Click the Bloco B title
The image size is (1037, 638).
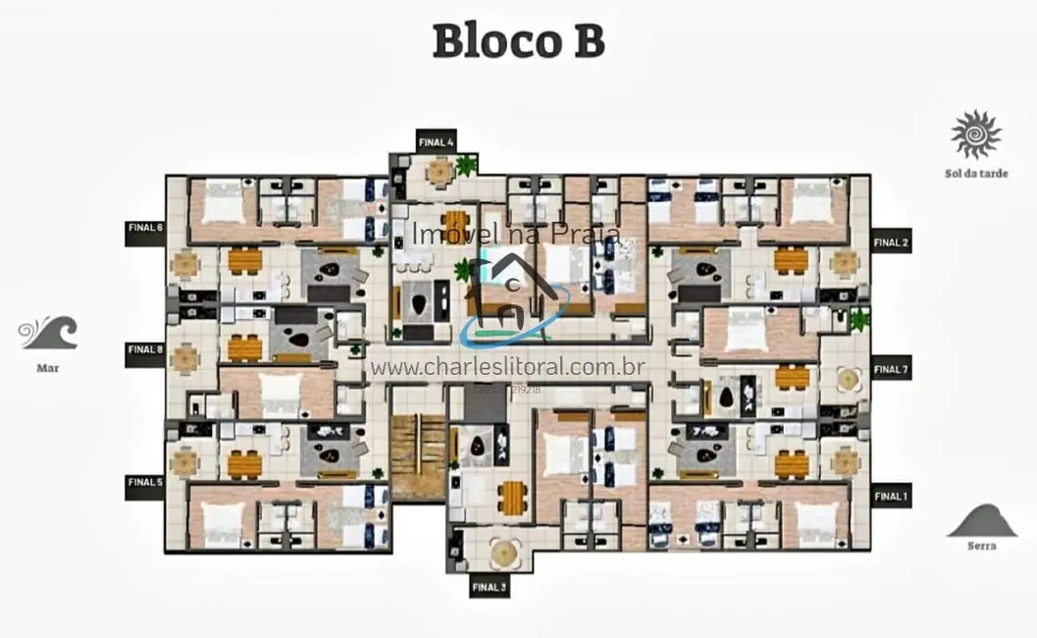click(x=518, y=42)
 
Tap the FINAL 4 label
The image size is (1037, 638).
click(x=436, y=140)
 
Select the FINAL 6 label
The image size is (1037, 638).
click(x=145, y=229)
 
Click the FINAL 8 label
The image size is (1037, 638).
click(x=145, y=349)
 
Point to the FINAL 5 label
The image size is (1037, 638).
click(x=145, y=482)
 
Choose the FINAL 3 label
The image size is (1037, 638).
click(x=489, y=587)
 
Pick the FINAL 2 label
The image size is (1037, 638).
click(x=891, y=242)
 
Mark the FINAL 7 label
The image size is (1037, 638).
click(x=891, y=370)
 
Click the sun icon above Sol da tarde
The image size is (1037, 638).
click(x=975, y=134)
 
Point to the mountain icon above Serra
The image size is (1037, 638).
click(x=981, y=520)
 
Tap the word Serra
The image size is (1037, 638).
click(x=981, y=546)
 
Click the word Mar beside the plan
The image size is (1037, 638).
click(x=48, y=370)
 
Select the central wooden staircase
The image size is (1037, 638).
click(x=418, y=455)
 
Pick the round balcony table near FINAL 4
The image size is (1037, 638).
click(x=440, y=173)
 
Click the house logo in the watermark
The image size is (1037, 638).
click(x=512, y=290)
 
